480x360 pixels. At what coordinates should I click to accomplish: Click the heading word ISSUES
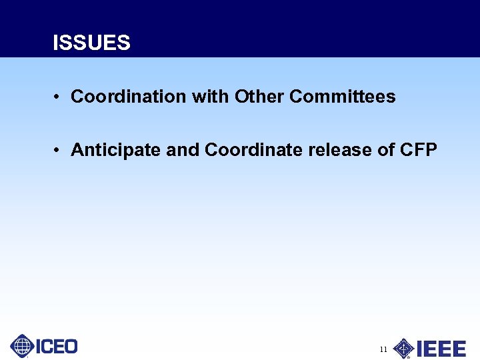point(91,43)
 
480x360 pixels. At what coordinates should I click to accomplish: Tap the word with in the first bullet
point(211,97)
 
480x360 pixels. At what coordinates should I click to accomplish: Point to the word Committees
point(343,97)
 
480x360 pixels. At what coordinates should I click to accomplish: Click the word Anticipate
point(116,151)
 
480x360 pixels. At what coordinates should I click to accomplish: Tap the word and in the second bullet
point(183,150)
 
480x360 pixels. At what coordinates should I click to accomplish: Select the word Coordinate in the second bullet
point(254,150)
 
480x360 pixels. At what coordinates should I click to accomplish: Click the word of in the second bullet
point(386,150)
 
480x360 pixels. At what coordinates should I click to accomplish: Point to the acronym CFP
point(418,150)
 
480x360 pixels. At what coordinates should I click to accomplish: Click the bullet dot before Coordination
point(59,97)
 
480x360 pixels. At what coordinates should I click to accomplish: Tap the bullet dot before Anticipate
point(59,151)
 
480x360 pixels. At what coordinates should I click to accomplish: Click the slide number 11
point(383,349)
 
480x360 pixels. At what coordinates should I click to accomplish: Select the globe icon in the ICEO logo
point(22,346)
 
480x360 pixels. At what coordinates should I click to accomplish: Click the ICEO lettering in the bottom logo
point(56,347)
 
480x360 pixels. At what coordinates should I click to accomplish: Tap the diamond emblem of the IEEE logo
point(403,348)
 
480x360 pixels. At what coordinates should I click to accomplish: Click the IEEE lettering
point(441,349)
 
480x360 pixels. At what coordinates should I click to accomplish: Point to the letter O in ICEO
point(69,347)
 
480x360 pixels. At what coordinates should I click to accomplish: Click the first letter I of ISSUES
point(56,43)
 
